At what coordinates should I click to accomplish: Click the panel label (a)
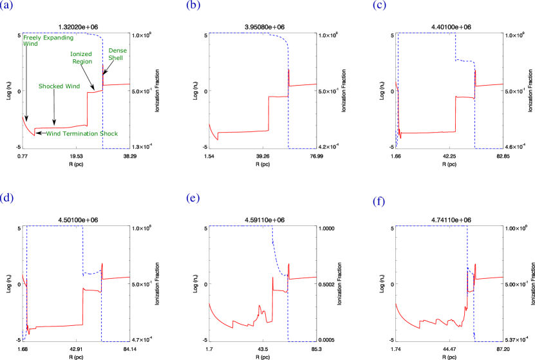point(6,6)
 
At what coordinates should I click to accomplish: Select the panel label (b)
point(192,6)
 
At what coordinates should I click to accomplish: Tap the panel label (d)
point(7,198)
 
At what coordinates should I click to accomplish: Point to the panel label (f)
point(379,202)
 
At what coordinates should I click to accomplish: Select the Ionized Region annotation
point(82,58)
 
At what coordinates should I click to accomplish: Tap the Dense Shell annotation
point(117,54)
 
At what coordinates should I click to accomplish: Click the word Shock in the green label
point(111,134)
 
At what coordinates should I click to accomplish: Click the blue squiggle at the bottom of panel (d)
point(24,335)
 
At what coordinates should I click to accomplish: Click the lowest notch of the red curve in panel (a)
point(33,136)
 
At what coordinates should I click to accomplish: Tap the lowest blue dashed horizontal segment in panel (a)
point(116,149)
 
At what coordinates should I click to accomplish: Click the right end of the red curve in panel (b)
point(315,84)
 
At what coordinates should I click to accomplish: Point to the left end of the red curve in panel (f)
point(395,303)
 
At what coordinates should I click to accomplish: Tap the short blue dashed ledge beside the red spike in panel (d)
point(92,273)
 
